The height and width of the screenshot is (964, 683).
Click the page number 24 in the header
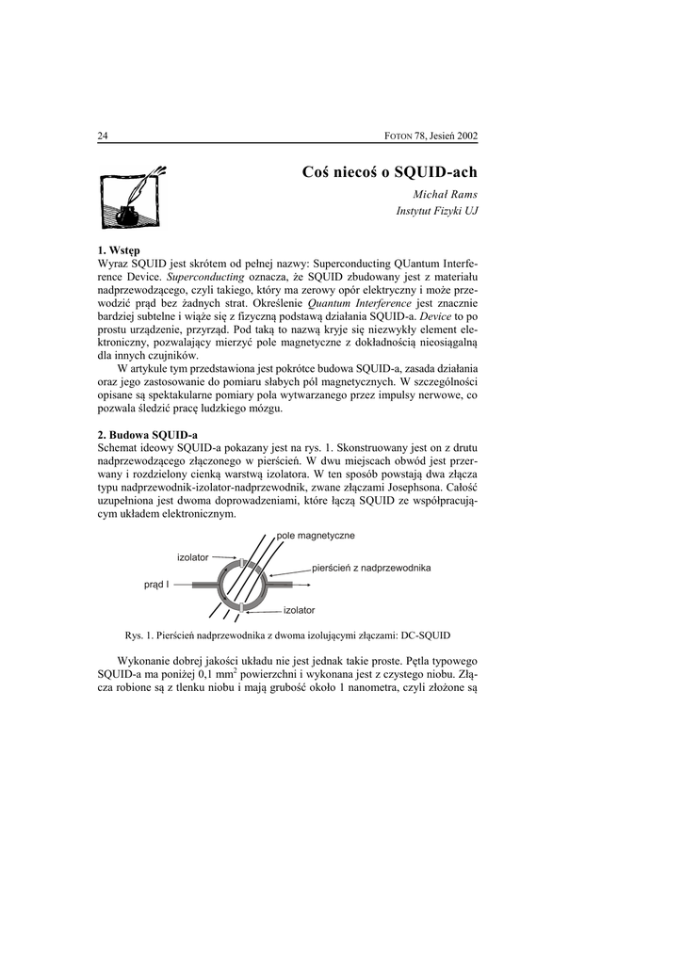103,136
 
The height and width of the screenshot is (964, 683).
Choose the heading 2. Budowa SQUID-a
148,434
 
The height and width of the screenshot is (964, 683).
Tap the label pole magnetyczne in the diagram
316,535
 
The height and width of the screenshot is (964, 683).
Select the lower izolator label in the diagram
299,610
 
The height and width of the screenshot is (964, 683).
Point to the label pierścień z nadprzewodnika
370,568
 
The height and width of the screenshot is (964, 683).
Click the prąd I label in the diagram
156,585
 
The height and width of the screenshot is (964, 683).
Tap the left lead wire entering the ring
203,585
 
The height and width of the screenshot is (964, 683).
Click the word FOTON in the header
402,136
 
